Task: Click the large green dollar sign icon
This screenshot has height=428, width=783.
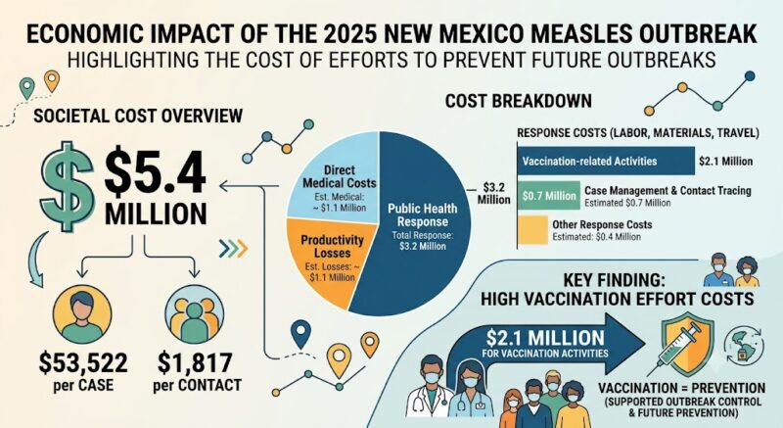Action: pos(67,186)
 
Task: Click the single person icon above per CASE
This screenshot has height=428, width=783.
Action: pos(82,314)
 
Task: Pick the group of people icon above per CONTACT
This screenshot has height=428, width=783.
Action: pos(194,314)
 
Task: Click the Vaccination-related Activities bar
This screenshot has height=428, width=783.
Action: pos(606,161)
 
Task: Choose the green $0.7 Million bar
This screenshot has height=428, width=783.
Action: pos(548,195)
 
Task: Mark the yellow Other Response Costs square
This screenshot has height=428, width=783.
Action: pos(532,230)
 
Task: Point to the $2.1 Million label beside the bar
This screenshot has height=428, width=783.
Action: pos(725,162)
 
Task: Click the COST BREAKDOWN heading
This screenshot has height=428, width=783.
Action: pos(519,101)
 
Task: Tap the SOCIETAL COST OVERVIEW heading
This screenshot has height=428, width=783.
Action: pos(138,116)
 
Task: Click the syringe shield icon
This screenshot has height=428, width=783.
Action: pos(686,345)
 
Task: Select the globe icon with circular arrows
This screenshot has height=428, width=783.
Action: pos(744,345)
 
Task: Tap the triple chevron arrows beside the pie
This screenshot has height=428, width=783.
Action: pos(233,248)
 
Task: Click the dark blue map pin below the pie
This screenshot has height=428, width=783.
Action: pos(300,334)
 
